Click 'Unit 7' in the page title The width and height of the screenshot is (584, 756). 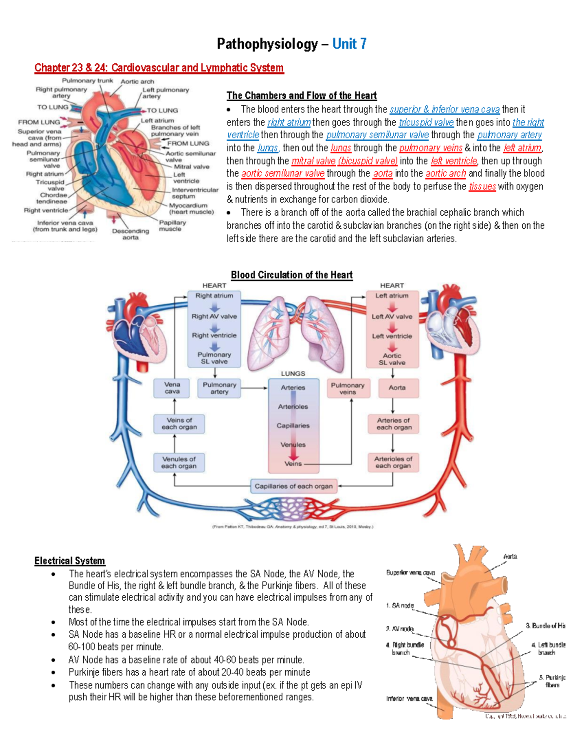click(x=349, y=44)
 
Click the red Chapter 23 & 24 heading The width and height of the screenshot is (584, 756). click(x=159, y=68)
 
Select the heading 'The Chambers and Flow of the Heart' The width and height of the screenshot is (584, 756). click(x=301, y=95)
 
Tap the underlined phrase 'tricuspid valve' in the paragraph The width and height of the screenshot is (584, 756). click(x=426, y=122)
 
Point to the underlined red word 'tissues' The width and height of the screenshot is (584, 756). click(x=482, y=186)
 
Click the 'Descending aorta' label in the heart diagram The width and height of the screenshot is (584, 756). click(x=130, y=234)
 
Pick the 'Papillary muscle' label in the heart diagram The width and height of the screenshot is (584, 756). click(x=172, y=225)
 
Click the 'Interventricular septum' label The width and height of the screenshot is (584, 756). click(x=195, y=193)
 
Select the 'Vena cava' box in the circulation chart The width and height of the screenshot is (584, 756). click(x=172, y=388)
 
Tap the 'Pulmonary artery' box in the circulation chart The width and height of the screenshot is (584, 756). click(x=219, y=388)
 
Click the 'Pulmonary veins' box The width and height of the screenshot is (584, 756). click(x=347, y=388)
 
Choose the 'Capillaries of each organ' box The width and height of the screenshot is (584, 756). click(x=293, y=486)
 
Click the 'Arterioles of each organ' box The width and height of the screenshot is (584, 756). click(x=393, y=462)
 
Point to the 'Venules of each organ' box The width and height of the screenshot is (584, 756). click(x=179, y=462)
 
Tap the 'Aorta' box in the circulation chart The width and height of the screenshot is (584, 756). click(x=397, y=387)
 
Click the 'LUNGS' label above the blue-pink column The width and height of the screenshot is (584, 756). click(x=293, y=373)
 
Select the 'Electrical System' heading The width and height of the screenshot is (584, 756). click(x=70, y=561)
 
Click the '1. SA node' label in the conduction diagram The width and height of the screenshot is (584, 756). click(x=400, y=606)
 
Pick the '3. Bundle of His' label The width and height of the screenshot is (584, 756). click(x=545, y=626)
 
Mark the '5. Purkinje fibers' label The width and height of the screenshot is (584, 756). click(x=552, y=681)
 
